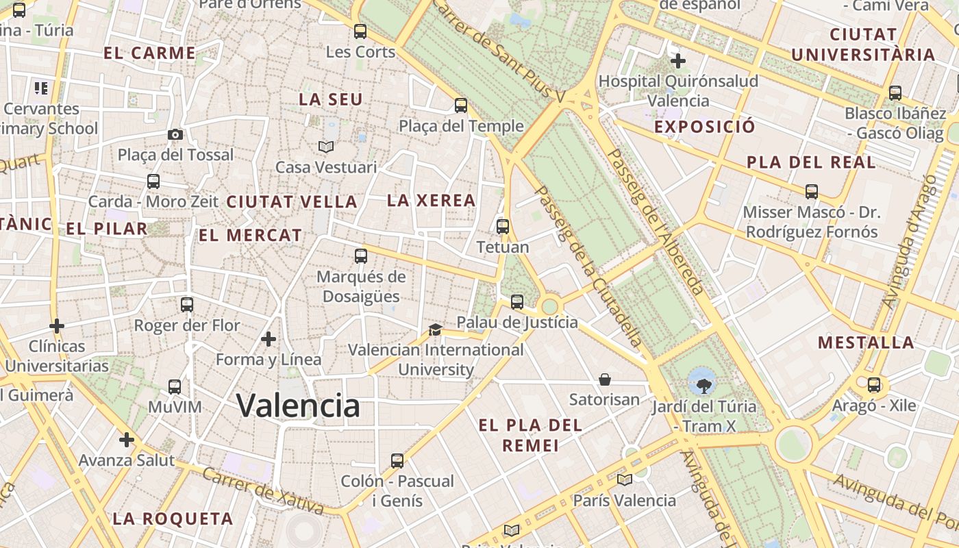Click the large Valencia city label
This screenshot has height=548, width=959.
(298, 406)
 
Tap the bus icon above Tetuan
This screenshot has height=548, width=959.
(503, 227)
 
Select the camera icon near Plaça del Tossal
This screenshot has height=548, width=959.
(175, 134)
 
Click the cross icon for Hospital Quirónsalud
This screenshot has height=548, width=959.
(678, 61)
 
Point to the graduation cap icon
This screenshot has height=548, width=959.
(435, 329)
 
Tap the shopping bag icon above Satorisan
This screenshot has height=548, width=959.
(605, 379)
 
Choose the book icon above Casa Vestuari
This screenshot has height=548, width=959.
(326, 147)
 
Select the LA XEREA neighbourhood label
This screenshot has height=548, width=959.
(431, 201)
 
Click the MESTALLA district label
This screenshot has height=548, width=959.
(866, 342)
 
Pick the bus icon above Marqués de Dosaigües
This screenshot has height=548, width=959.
(361, 256)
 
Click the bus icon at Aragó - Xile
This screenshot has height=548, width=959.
(874, 385)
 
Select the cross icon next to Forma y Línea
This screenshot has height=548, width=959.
(269, 338)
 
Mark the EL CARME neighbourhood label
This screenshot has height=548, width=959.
(149, 53)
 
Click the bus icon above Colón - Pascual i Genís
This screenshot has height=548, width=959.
(397, 460)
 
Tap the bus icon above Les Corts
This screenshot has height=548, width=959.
(360, 32)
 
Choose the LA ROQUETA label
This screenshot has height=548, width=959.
(173, 519)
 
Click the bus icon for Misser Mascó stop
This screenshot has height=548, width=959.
(812, 192)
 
